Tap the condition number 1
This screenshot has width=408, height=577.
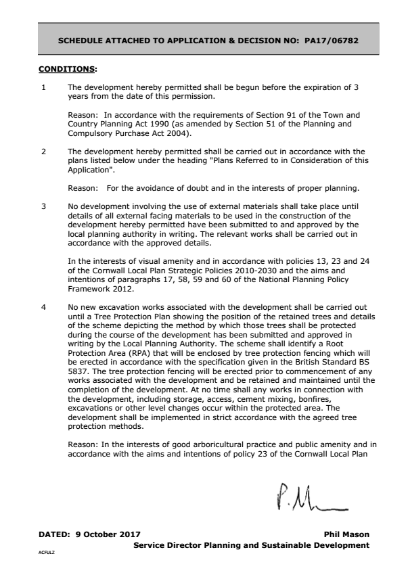tap(44, 88)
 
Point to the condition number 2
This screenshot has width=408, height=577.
tap(44, 151)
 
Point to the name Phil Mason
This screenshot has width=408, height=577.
tap(347, 534)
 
